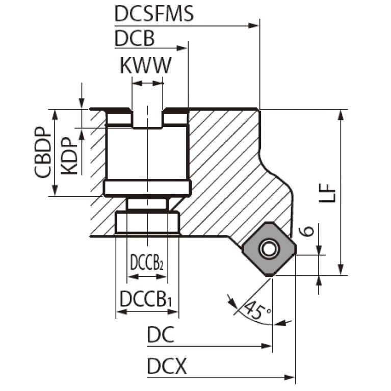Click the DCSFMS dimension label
(154, 13)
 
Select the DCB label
(135, 38)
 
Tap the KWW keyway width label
(146, 65)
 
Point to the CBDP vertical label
(43, 152)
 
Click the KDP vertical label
(69, 156)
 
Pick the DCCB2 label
(147, 263)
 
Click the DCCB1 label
(146, 299)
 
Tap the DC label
(161, 334)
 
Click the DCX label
(167, 367)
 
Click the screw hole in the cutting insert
(268, 249)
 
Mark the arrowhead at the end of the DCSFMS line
(254, 25)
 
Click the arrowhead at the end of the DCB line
(182, 48)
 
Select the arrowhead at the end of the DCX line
(289, 377)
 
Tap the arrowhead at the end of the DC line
(266, 346)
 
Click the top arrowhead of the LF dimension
(341, 115)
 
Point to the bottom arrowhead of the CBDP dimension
(55, 190)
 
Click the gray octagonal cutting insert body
(269, 249)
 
